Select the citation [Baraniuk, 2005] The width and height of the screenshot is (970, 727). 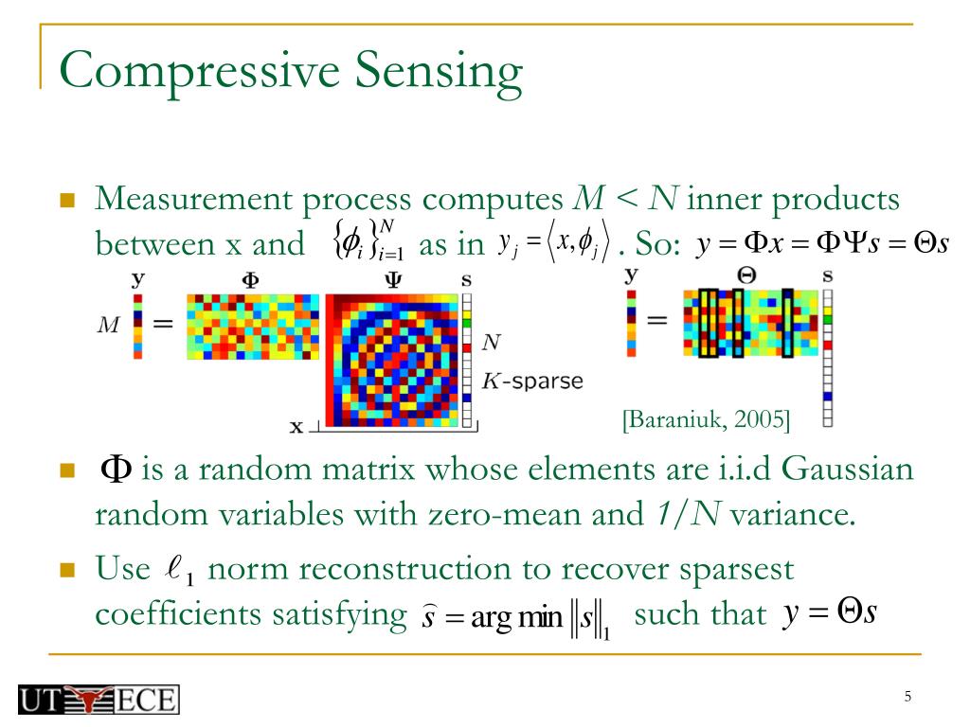click(706, 417)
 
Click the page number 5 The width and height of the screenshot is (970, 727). click(907, 698)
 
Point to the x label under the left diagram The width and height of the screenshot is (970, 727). click(296, 427)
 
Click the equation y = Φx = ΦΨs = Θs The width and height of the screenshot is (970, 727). click(821, 244)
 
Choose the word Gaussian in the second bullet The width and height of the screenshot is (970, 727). click(849, 469)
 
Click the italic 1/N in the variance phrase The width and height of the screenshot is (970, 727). click(686, 516)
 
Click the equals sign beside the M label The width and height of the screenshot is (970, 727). click(163, 324)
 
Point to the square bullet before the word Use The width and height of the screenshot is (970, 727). click(66, 570)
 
